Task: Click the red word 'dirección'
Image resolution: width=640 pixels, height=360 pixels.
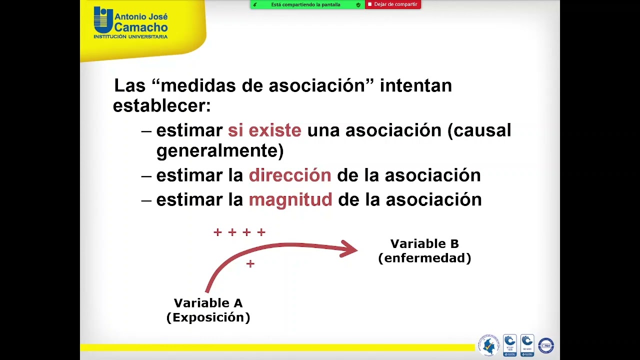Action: tap(290, 175)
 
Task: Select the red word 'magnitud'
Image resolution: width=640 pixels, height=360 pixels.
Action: tap(290, 199)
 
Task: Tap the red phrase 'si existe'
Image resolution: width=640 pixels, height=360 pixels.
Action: tap(264, 130)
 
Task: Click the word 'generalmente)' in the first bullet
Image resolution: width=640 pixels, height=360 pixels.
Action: tap(220, 150)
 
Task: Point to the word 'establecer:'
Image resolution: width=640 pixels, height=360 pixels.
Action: tap(161, 106)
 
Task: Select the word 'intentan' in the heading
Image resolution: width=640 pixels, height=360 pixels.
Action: tap(416, 85)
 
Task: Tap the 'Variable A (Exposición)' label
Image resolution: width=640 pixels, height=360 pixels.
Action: tap(208, 310)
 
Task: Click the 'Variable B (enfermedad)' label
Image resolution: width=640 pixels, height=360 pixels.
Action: tap(424, 251)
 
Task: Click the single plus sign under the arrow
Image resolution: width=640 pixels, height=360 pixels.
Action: tap(250, 263)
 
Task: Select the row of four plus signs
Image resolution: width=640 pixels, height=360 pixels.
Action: tap(239, 232)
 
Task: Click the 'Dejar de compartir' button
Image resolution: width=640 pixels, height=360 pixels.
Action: tap(393, 4)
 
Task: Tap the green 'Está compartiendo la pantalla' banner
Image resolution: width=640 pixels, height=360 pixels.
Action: tap(307, 4)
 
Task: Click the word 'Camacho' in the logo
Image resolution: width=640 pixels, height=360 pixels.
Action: tap(141, 27)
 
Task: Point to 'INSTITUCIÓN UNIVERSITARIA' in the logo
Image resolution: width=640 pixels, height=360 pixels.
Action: tap(130, 36)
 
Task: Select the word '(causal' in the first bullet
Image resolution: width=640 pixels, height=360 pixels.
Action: tap(479, 130)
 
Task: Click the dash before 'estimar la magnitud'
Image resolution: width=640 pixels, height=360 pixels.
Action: tap(146, 200)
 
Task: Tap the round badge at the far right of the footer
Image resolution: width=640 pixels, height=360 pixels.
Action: tap(545, 345)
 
